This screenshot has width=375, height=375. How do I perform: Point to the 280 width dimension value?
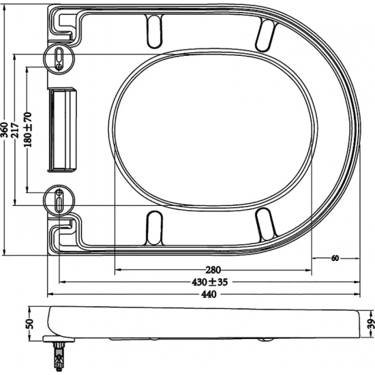(x=213, y=269)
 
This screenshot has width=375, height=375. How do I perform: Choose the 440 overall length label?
(x=209, y=295)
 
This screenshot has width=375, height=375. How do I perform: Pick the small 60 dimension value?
(x=335, y=258)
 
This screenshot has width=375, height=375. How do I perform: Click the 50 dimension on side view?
(x=29, y=322)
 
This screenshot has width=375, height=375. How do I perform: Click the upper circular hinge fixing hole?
(x=59, y=58)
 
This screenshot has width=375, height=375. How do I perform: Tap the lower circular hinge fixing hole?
(x=59, y=200)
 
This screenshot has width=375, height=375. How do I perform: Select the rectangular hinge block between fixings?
(x=62, y=130)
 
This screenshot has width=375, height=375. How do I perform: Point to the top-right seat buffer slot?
(x=265, y=32)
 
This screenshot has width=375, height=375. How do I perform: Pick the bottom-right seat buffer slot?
(x=265, y=224)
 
